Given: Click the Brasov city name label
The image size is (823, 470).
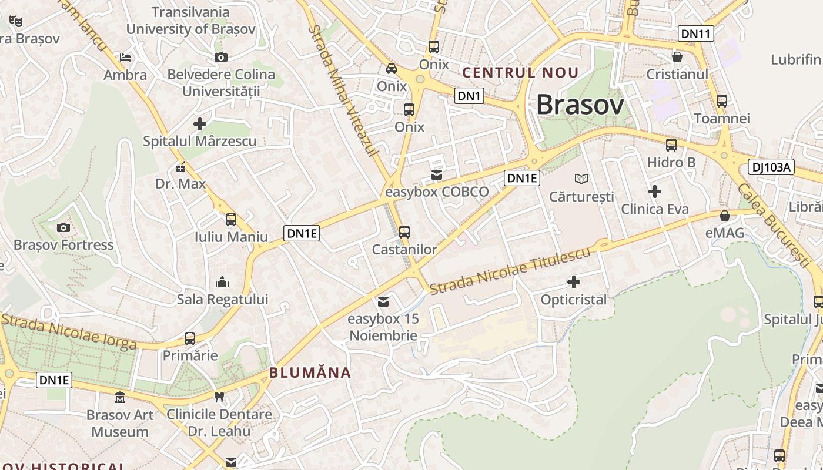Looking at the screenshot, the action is [580, 105].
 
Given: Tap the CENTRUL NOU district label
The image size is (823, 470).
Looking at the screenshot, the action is [521, 73].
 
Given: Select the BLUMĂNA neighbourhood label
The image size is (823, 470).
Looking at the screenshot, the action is [310, 372].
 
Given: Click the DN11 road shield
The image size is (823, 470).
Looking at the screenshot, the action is [695, 33].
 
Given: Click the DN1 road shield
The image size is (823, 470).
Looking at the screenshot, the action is [469, 96].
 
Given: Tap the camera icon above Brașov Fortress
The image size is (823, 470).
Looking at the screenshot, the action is [63, 227].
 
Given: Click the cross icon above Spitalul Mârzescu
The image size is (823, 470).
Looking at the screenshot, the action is [200, 124].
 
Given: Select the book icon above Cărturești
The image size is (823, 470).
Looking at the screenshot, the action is [581, 179].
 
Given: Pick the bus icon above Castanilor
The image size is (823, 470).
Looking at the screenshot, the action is [404, 231].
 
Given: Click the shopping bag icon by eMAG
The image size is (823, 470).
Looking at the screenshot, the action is [725, 216].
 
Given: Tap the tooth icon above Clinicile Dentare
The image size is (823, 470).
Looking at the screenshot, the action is [219, 397].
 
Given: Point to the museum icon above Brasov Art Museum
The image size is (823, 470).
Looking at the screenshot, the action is [121, 398].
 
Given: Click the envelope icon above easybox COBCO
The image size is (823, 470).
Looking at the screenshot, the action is [437, 174].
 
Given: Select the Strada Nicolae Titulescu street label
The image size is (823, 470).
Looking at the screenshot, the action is [510, 271].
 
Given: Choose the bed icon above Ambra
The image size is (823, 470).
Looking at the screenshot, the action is [125, 58].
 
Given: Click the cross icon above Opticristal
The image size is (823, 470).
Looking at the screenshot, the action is [573, 282].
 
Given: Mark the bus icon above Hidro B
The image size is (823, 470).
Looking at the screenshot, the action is [671, 145].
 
